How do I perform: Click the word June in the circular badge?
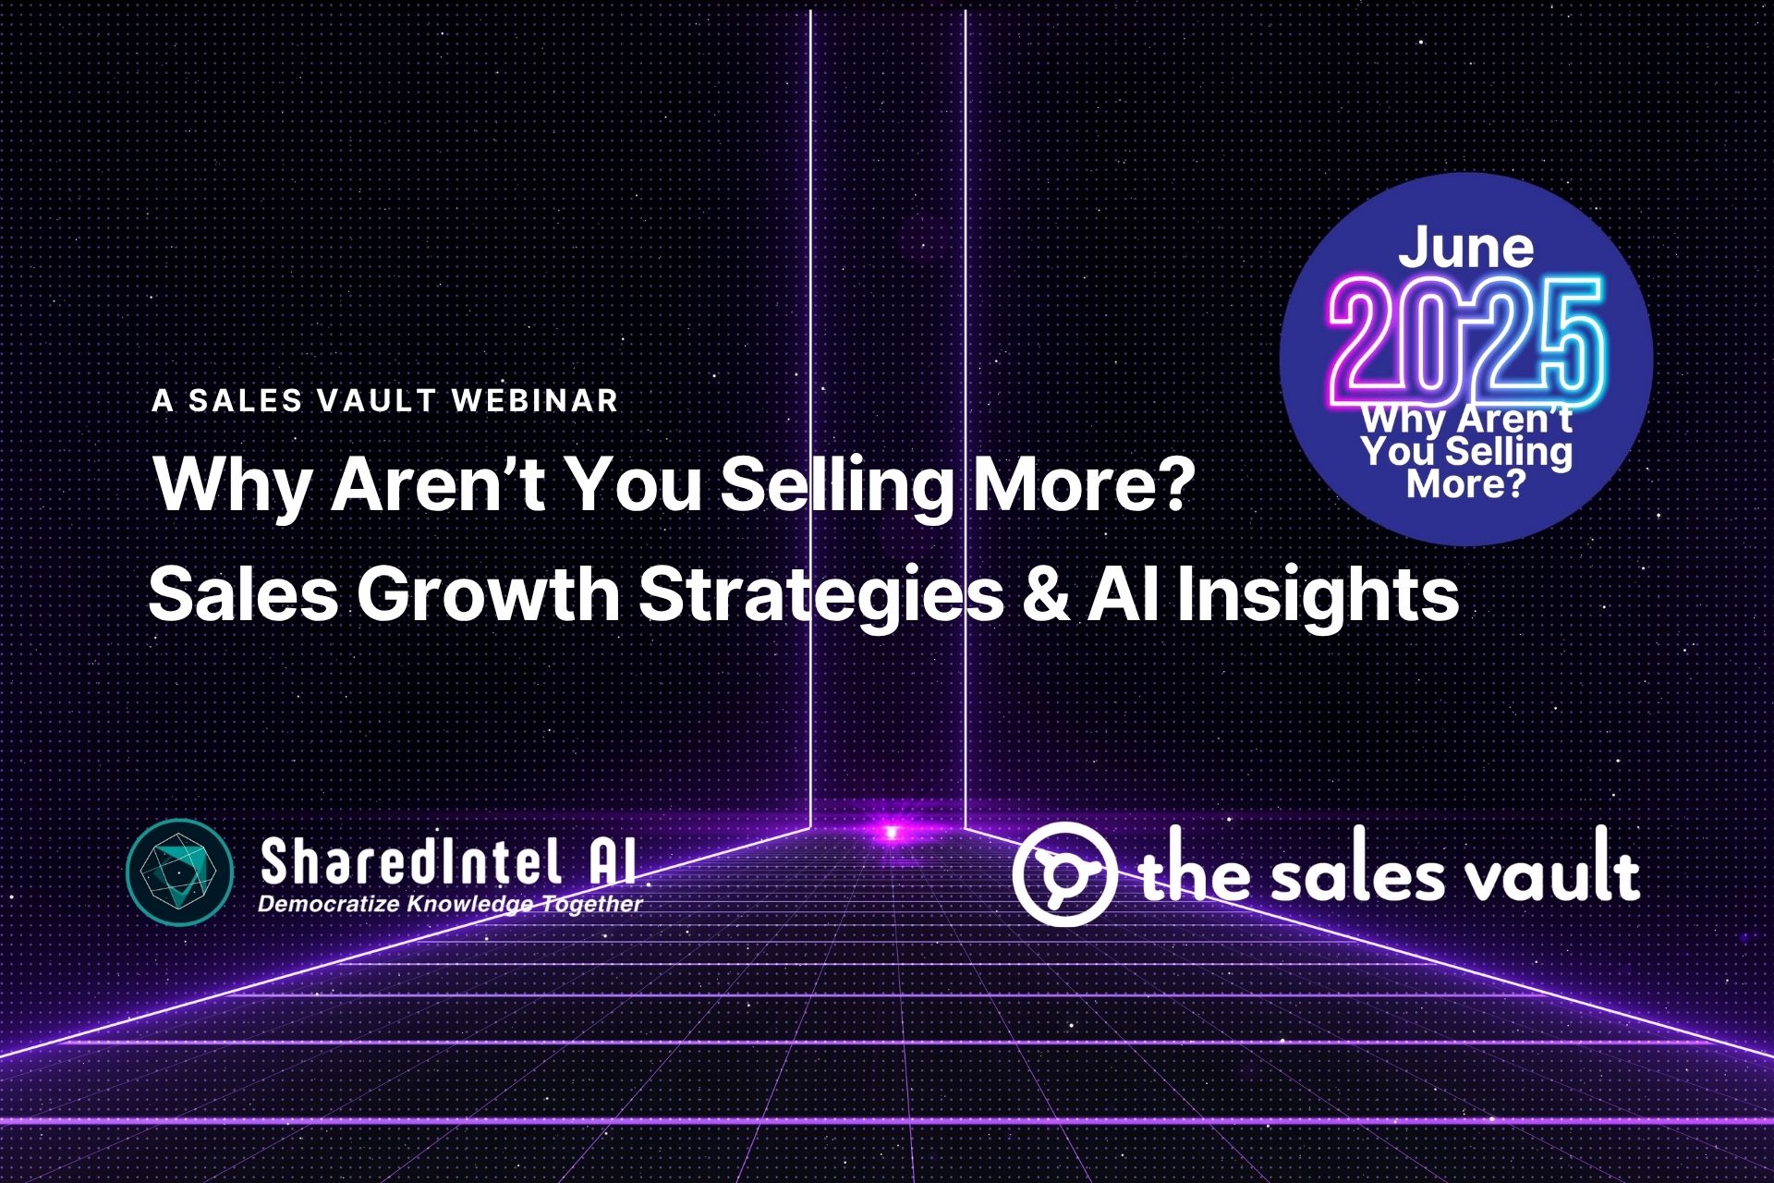point(1465,247)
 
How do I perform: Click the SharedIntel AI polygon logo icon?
point(178,872)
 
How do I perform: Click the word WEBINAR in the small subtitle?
point(536,400)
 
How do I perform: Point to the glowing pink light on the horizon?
point(891,832)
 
